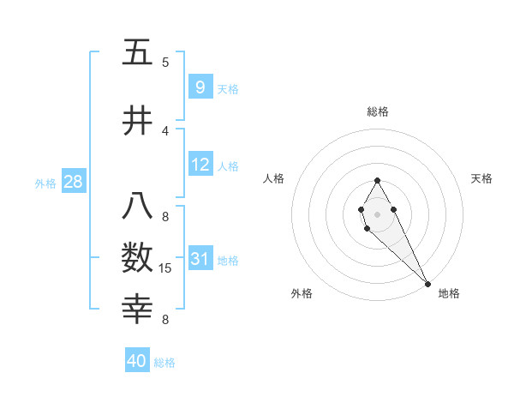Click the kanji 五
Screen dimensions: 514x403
(138, 52)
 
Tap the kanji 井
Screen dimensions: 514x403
(138, 122)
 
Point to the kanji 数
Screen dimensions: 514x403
(138, 258)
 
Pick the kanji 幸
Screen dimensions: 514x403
(138, 308)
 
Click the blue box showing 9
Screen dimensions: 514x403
(200, 87)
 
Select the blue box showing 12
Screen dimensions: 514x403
(200, 165)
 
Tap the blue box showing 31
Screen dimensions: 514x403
(200, 259)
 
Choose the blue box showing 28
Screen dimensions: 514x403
(73, 182)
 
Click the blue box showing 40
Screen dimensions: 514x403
(137, 361)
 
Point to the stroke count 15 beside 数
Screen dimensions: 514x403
(167, 269)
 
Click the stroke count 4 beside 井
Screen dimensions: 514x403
(165, 130)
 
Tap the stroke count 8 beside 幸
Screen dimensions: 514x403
(165, 320)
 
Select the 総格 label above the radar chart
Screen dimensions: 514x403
(377, 111)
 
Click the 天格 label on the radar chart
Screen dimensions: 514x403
(481, 178)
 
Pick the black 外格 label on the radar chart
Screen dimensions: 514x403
(302, 294)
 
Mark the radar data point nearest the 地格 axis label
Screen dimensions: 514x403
(427, 284)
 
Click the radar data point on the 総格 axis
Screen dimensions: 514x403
(377, 180)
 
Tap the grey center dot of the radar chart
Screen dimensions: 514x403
(377, 213)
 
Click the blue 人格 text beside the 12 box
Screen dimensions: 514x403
(228, 166)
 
